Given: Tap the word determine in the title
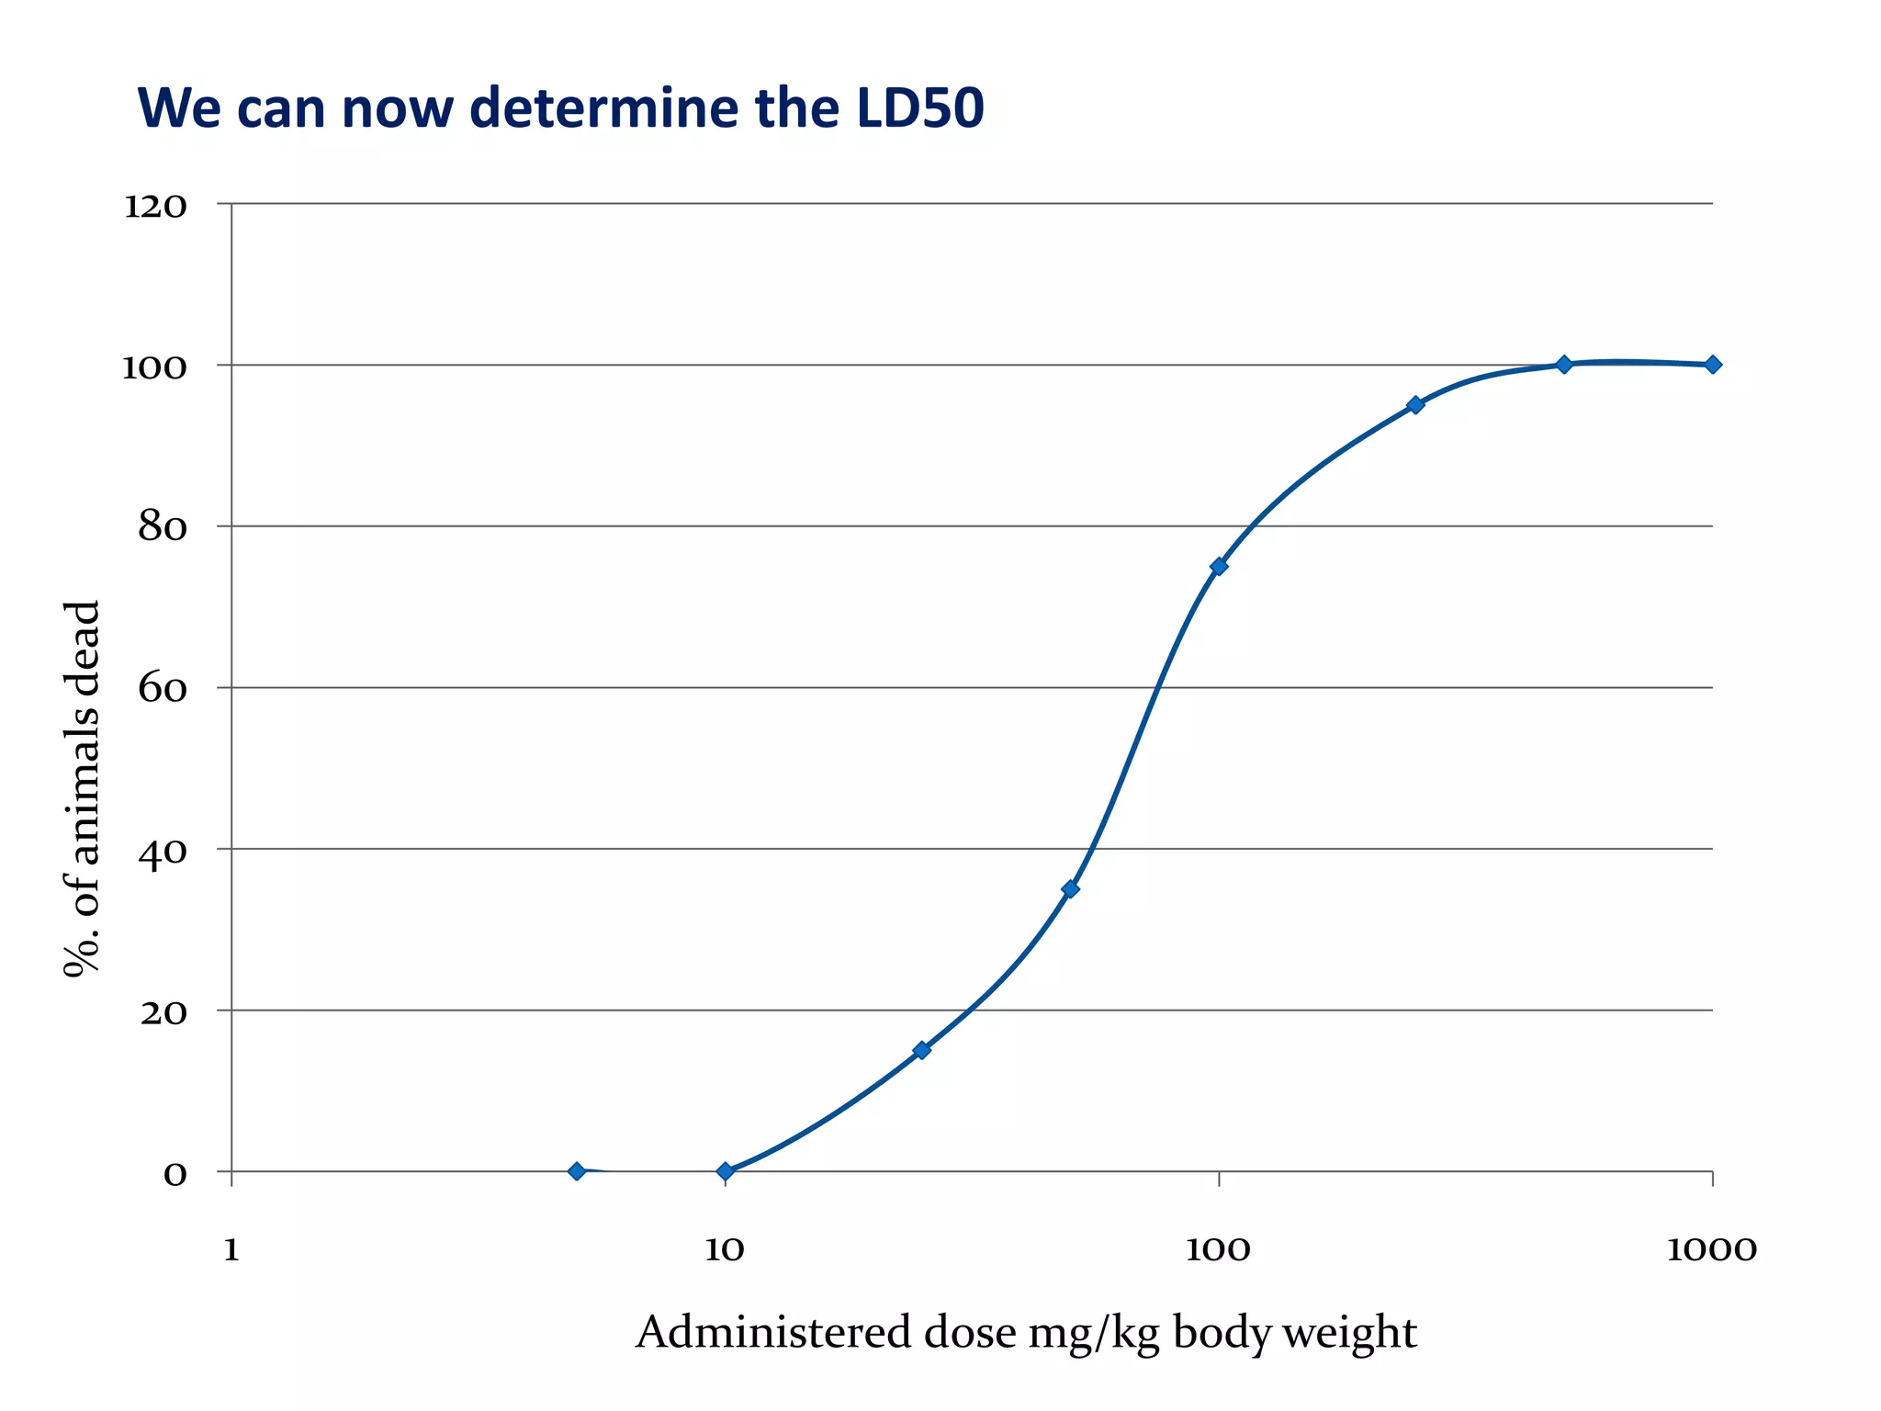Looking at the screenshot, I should click(603, 107).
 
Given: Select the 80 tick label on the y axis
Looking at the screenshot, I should click(163, 528).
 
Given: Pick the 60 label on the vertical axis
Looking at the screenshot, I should click(163, 690).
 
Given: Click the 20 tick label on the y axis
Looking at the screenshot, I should click(163, 1013).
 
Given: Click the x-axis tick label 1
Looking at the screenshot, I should click(231, 1250).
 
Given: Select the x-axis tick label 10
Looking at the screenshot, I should click(725, 1250).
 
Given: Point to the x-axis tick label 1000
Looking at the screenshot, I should click(1711, 1250).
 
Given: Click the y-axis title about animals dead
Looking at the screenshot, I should click(82, 790).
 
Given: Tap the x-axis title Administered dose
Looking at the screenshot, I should click(1026, 1333).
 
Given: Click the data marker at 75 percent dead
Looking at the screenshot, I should click(1219, 566).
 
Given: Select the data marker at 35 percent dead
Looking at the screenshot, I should click(1070, 888).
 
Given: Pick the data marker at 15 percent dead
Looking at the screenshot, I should click(921, 1049).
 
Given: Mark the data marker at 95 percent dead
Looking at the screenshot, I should click(1415, 405).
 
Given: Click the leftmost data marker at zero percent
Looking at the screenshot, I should click(577, 1170).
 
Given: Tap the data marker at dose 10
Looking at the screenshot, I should click(725, 1170).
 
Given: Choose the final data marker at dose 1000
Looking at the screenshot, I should click(1712, 365).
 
